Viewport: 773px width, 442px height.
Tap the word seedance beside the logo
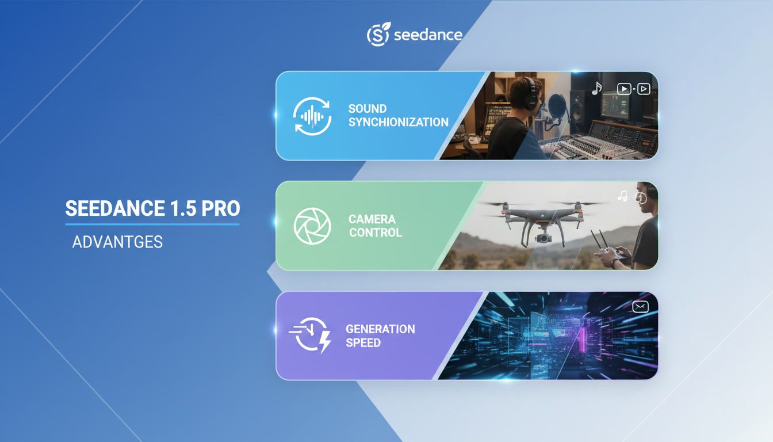tap(428, 35)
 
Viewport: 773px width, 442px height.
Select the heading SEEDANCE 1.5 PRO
tap(152, 208)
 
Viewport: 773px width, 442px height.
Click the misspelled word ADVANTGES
tap(117, 242)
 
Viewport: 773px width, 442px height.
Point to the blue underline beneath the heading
tap(152, 224)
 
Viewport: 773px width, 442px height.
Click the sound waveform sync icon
tap(312, 115)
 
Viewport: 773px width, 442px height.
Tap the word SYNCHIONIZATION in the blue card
tap(398, 122)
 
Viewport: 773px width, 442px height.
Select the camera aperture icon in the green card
tap(312, 226)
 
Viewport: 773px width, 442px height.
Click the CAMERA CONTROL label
tap(375, 226)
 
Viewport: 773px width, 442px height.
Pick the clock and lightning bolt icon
tap(311, 336)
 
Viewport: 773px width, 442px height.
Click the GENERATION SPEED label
tap(380, 336)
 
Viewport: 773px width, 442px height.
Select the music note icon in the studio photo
tap(596, 88)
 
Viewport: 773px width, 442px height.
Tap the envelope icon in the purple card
tap(640, 307)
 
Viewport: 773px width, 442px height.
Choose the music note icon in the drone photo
tap(622, 196)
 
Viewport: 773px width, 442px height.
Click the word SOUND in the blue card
tap(367, 108)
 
